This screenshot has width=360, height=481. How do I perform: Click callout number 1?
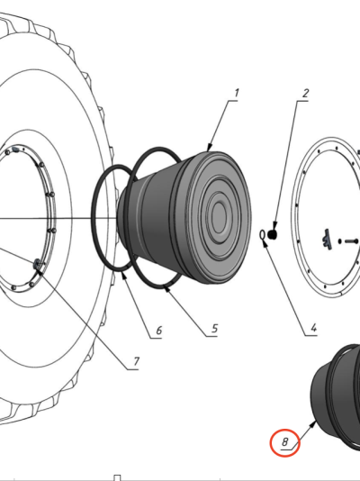click(237, 93)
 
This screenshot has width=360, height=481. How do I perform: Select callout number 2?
click(305, 94)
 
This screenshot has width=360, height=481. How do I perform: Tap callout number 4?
click(313, 328)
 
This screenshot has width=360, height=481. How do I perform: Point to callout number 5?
click(215, 329)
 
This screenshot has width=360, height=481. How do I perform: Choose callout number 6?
click(158, 331)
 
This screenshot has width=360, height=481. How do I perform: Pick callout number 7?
click(137, 361)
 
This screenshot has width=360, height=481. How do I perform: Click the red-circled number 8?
click(284, 442)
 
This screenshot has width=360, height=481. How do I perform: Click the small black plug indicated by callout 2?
click(273, 235)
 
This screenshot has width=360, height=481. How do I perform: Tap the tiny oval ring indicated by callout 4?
click(262, 235)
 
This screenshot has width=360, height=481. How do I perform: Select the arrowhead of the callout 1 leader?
click(210, 147)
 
